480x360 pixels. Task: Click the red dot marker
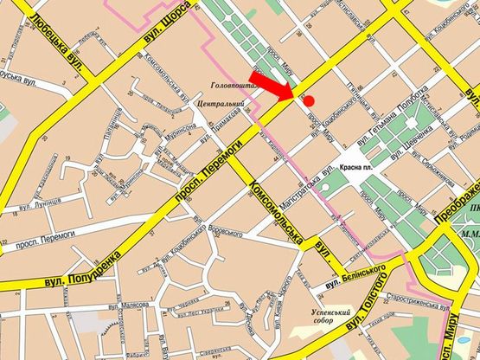pos(309,101)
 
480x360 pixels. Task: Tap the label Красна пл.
pos(356,170)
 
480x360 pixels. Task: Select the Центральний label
pos(221,105)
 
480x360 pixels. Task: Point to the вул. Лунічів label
pos(34,206)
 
